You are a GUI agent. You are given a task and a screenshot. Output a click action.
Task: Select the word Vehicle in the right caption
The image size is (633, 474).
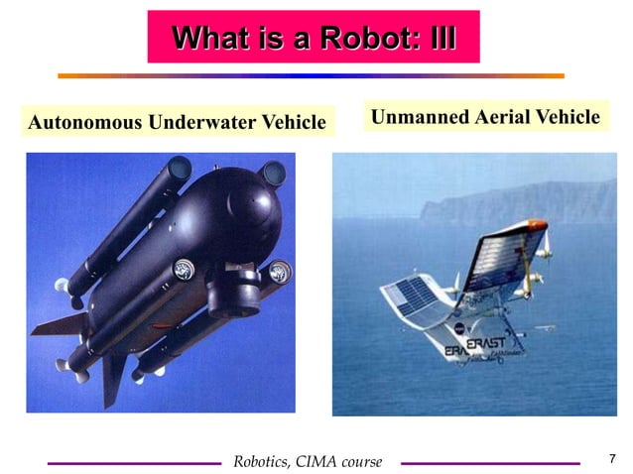(568, 117)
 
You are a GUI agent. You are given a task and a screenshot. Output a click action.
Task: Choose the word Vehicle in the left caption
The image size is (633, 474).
(293, 123)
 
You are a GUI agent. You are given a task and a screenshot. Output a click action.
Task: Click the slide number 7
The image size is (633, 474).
(611, 459)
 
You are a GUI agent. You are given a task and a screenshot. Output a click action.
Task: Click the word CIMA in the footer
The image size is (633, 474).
(309, 462)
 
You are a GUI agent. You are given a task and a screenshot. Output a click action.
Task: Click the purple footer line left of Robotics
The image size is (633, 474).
(133, 462)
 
